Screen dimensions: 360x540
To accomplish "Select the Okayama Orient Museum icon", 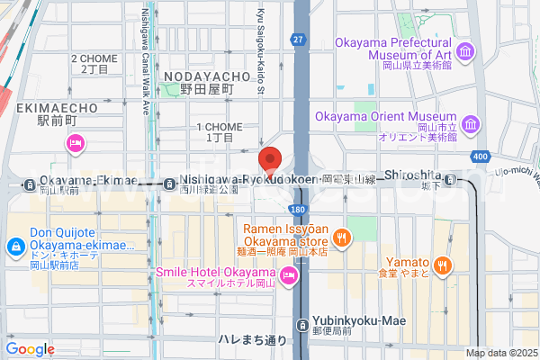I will (x=471, y=123).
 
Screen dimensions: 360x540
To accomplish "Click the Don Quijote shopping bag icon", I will (x=15, y=246).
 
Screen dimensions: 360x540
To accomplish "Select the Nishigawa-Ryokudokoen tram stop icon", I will (x=170, y=184).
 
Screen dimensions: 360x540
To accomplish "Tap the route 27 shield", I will (x=297, y=40).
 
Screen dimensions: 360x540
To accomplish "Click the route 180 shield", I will (x=297, y=209).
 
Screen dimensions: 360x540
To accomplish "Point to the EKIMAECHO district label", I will (x=56, y=107).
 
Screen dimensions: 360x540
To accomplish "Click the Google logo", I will (x=30, y=349).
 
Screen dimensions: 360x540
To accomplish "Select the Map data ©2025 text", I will (x=500, y=352).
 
